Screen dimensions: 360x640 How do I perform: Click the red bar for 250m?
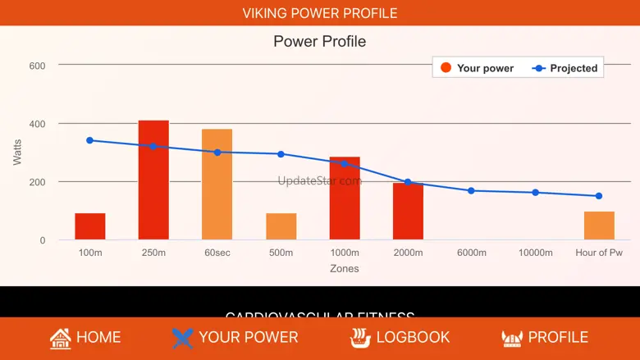click(x=153, y=180)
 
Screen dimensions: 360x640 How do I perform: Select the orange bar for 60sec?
click(x=217, y=185)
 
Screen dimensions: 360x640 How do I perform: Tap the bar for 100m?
click(x=90, y=226)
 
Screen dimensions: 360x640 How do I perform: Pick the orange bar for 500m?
click(x=281, y=226)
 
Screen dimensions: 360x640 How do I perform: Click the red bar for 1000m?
click(x=345, y=198)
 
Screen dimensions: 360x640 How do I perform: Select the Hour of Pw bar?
click(x=599, y=226)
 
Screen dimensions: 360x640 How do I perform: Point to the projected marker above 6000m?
click(x=471, y=190)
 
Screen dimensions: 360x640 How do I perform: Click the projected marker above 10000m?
click(x=535, y=193)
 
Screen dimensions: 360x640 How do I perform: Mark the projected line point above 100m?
click(x=89, y=140)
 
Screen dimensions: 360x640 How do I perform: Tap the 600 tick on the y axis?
click(x=37, y=66)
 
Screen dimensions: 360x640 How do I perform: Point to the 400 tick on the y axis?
click(x=37, y=124)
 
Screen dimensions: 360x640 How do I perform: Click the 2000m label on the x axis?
click(x=408, y=253)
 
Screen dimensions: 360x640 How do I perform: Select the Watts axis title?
click(x=17, y=153)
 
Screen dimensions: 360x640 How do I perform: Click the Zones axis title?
click(x=344, y=268)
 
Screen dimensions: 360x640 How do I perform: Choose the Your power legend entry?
click(x=477, y=68)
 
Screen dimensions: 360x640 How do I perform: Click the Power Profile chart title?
click(x=319, y=41)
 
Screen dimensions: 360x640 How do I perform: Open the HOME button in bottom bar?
click(x=85, y=337)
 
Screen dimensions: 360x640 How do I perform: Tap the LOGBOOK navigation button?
click(x=400, y=337)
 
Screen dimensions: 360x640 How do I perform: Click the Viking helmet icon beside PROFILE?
click(x=511, y=337)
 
